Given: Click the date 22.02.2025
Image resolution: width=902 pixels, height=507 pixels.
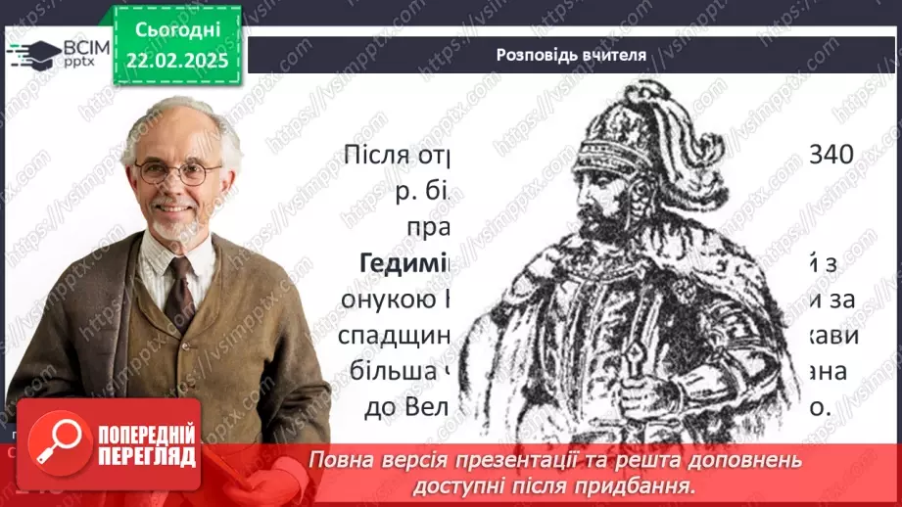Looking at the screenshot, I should point(176,61).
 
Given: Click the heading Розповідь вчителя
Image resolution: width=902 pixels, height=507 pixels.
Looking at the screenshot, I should point(571,55).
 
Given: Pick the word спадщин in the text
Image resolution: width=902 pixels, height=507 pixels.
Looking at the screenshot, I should point(396,337).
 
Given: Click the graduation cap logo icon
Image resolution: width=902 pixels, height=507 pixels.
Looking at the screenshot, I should point(33,52).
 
